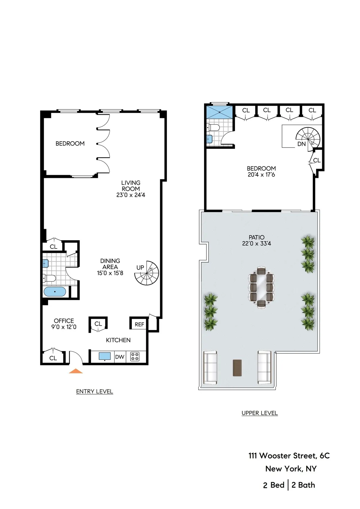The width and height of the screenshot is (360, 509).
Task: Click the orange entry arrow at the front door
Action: coord(76,371)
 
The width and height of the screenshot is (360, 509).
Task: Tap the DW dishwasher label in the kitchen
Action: coord(120,357)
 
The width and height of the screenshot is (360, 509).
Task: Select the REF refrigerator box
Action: coord(139,324)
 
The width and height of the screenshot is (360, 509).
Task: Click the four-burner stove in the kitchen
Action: coord(135,357)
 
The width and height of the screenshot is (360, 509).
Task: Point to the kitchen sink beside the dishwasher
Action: coord(105,356)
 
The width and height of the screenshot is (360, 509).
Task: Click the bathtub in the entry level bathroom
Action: coord(55,292)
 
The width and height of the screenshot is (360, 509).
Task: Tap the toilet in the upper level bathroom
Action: coord(214,127)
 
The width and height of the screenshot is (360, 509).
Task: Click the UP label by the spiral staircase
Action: coord(140,267)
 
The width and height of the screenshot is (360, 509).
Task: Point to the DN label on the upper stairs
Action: coord(301,144)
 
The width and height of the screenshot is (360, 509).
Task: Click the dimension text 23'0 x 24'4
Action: coord(131,195)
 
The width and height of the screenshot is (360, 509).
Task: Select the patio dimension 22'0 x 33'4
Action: coord(256,244)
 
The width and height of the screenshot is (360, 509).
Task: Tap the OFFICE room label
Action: coord(64,321)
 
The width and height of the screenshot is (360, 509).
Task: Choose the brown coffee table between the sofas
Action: coord(237,367)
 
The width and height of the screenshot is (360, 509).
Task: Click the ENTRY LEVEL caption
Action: coord(94,391)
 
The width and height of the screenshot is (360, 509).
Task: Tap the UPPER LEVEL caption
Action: coord(259,413)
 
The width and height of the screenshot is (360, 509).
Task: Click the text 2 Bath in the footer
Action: coord(303,485)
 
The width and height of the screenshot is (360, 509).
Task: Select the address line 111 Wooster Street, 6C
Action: coord(289,456)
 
